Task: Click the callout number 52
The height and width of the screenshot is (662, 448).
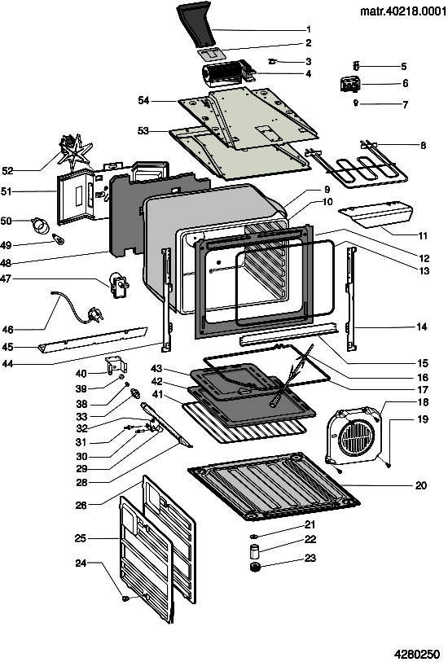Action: tap(7, 170)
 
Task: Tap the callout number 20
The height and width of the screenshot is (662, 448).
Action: tap(421, 485)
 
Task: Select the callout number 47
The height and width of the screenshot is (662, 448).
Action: tap(6, 278)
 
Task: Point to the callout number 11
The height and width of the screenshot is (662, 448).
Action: tap(423, 235)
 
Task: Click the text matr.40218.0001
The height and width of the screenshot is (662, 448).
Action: tap(403, 11)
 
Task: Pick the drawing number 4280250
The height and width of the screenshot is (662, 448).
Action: tap(417, 654)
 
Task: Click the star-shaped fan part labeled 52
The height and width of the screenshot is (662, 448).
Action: tap(75, 155)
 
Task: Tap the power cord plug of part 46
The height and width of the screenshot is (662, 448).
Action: tap(94, 314)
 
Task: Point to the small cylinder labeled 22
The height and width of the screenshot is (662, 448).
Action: tap(255, 551)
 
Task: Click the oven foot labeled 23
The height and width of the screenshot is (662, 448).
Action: tap(255, 568)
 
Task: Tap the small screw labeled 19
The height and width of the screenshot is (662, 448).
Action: tap(389, 464)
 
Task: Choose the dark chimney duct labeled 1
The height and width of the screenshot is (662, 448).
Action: tap(197, 24)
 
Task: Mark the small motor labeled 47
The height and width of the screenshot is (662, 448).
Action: tap(118, 286)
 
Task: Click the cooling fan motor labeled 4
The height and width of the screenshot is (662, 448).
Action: tap(229, 72)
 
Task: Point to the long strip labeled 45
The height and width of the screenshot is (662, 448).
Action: tap(93, 339)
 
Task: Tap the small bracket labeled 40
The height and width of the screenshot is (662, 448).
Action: tap(116, 365)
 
